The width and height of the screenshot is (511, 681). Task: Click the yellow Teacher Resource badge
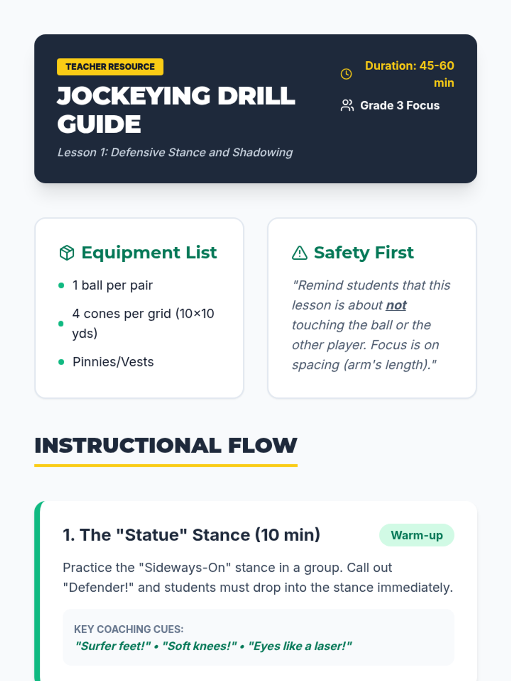pyautogui.click(x=110, y=67)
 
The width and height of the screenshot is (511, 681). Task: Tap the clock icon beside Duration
pyautogui.click(x=346, y=74)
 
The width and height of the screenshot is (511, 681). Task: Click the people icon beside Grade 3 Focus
pyautogui.click(x=347, y=106)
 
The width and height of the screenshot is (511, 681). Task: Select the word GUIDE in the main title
pyautogui.click(x=99, y=124)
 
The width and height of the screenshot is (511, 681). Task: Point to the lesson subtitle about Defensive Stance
pyautogui.click(x=175, y=152)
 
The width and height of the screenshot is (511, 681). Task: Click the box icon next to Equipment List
pyautogui.click(x=67, y=252)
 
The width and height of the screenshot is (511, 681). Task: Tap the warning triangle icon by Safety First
pyautogui.click(x=300, y=252)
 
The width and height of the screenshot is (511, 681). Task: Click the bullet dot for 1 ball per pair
pyautogui.click(x=61, y=286)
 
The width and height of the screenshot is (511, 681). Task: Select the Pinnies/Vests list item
pyautogui.click(x=113, y=362)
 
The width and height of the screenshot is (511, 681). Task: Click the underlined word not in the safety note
pyautogui.click(x=396, y=305)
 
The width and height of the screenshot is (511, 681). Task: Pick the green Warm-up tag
pyautogui.click(x=417, y=535)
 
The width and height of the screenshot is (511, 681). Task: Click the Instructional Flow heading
pyautogui.click(x=166, y=446)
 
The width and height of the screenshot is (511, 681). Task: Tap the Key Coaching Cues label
pyautogui.click(x=129, y=629)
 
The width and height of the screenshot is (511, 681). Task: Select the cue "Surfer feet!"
pyautogui.click(x=113, y=646)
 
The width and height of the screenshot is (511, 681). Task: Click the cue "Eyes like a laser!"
pyautogui.click(x=300, y=646)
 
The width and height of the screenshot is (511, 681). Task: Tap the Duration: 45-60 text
pyautogui.click(x=410, y=66)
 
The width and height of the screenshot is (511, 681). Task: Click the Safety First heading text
pyautogui.click(x=364, y=252)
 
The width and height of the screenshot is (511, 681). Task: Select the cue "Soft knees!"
pyautogui.click(x=199, y=646)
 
